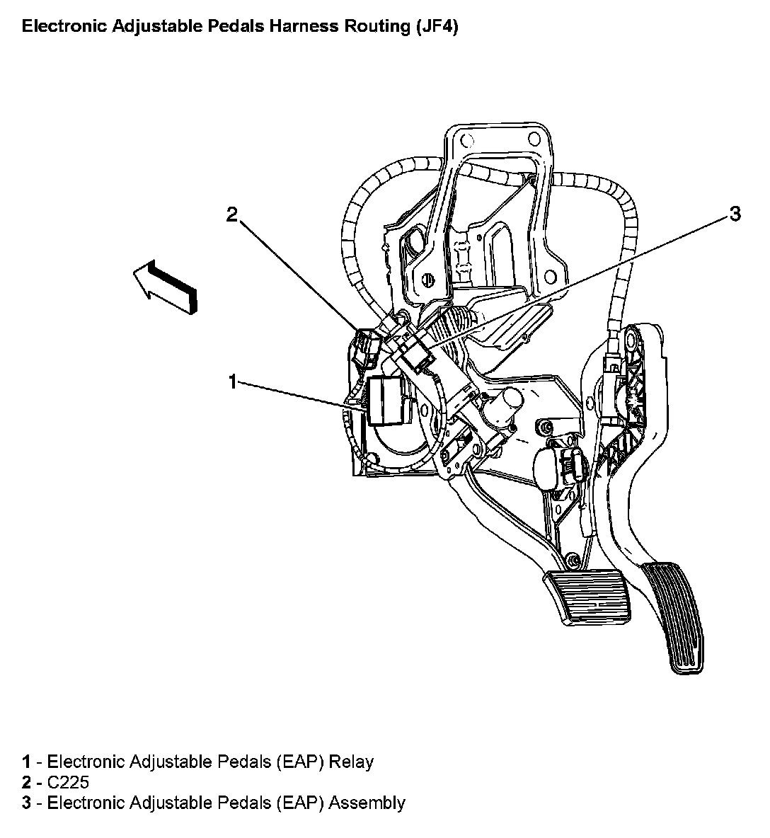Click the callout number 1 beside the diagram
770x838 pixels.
(232, 381)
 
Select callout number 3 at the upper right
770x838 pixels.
(735, 213)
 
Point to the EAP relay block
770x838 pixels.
(385, 401)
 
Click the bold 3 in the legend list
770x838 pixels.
(26, 803)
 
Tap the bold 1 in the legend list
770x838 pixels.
(26, 762)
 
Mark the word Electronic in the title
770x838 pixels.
(64, 28)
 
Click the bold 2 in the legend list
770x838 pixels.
(26, 782)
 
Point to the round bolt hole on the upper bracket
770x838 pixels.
(427, 278)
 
